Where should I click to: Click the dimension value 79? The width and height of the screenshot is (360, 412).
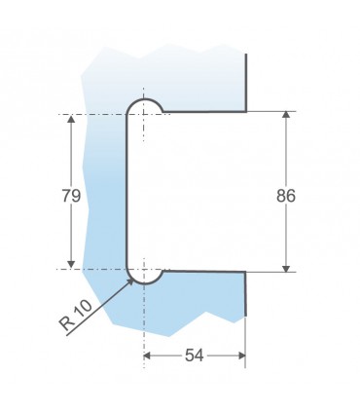pos(71,196)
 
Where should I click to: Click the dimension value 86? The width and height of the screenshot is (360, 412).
pos(286,196)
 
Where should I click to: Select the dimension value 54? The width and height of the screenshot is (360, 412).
pos(195,356)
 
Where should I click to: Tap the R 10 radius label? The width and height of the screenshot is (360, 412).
pos(76,315)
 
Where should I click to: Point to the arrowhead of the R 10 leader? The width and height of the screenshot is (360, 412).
pos(130,281)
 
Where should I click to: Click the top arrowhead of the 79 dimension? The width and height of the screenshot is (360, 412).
pos(71,119)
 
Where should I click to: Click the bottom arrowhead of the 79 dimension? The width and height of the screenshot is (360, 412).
pos(71,265)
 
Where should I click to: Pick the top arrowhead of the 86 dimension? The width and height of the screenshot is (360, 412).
pos(286,115)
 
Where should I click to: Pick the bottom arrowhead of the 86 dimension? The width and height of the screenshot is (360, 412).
pos(286,268)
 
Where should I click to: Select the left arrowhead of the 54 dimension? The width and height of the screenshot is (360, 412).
pos(147,356)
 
